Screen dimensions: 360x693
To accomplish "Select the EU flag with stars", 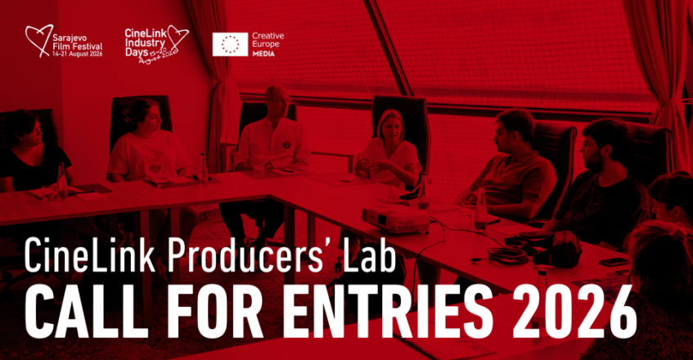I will tap(230, 44).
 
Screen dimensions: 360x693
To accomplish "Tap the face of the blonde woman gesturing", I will tap(389, 125).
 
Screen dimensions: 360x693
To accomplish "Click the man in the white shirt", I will tap(272, 143).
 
